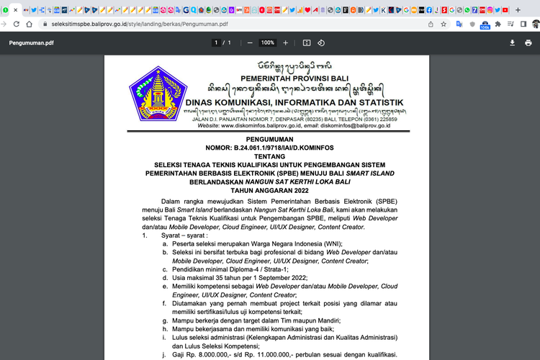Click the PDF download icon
click(512, 42)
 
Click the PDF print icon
click(528, 42)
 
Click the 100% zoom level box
click(268, 42)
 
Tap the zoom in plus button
click(285, 42)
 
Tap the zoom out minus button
click(250, 42)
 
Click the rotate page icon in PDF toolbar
click(321, 42)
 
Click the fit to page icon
click(306, 42)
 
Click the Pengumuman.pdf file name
click(31, 42)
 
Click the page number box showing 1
click(215, 42)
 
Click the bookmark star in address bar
click(444, 24)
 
